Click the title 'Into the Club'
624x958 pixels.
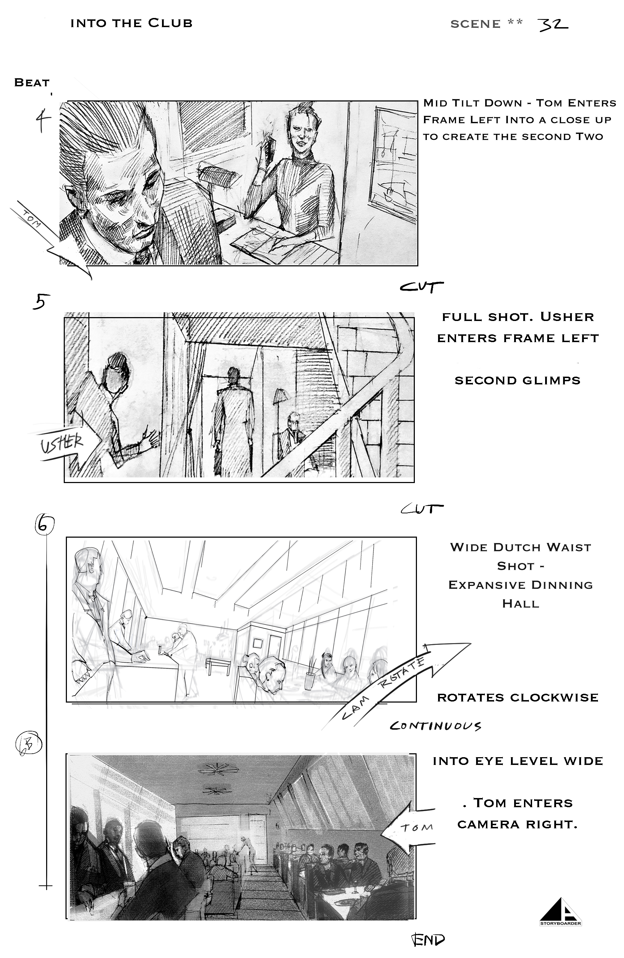click(131, 23)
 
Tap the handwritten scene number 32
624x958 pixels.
click(553, 25)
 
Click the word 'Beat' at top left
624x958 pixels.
click(32, 82)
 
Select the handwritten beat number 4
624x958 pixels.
click(43, 122)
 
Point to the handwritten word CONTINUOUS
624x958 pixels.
click(435, 726)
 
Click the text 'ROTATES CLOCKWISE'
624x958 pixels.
click(518, 698)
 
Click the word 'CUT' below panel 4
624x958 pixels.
click(421, 287)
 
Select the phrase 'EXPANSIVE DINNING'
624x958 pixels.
click(520, 585)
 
